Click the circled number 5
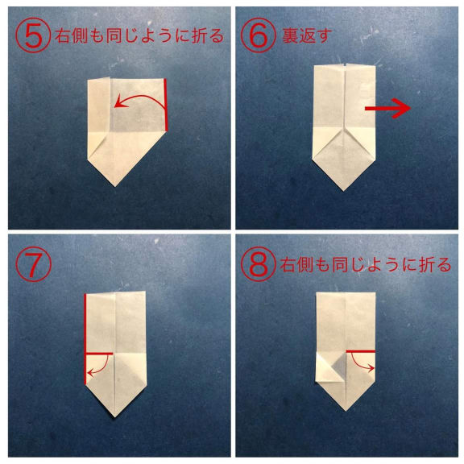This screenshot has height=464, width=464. pyautogui.click(x=33, y=35)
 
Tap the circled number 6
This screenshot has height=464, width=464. pyautogui.click(x=259, y=35)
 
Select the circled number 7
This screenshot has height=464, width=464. pyautogui.click(x=34, y=264)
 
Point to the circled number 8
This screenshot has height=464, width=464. pyautogui.click(x=259, y=264)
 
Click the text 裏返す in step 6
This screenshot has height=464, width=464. pyautogui.click(x=307, y=35)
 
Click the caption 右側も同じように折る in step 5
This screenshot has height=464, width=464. pyautogui.click(x=139, y=35)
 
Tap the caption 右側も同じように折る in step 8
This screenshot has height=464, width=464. pyautogui.click(x=366, y=264)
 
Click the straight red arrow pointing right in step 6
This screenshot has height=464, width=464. pyautogui.click(x=387, y=109)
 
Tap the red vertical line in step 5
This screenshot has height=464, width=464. pyautogui.click(x=165, y=105)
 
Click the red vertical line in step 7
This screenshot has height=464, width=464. pyautogui.click(x=85, y=339)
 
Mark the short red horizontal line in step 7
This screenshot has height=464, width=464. pyautogui.click(x=99, y=354)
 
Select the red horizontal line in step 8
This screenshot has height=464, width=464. pyautogui.click(x=360, y=351)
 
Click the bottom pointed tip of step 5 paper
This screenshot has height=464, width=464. pyautogui.click(x=115, y=186)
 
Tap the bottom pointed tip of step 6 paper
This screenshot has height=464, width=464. pyautogui.click(x=343, y=191)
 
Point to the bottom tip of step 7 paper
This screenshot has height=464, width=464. pyautogui.click(x=115, y=417)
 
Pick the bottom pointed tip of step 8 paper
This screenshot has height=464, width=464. pyautogui.click(x=346, y=411)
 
